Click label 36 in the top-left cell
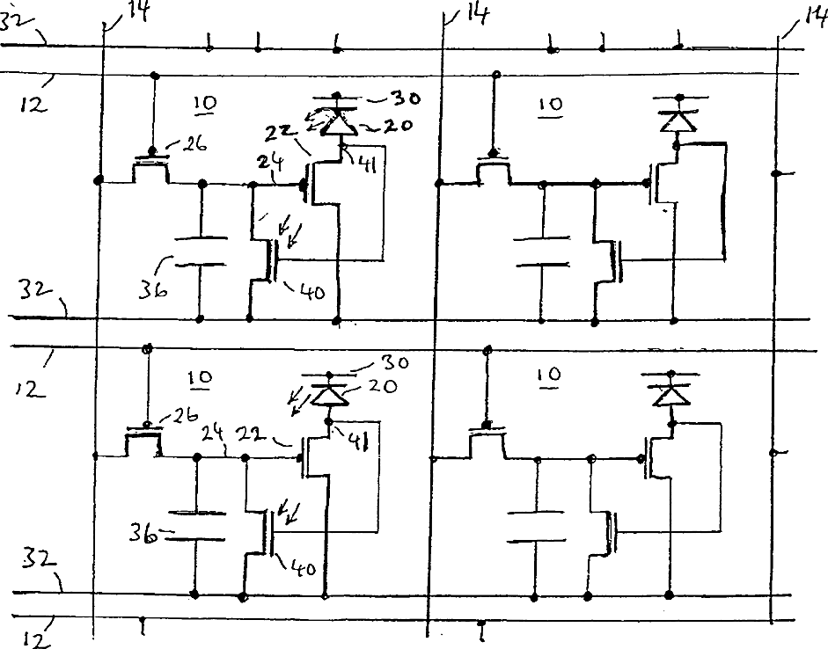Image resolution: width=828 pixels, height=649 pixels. [x=152, y=289]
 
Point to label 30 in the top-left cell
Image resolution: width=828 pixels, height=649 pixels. [x=405, y=98]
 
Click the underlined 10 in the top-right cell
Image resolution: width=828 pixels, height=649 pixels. [x=550, y=105]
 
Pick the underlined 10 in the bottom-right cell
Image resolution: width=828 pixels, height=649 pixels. [x=549, y=376]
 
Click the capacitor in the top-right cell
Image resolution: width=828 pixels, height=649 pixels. [x=542, y=252]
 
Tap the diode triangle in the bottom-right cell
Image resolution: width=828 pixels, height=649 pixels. [x=671, y=395]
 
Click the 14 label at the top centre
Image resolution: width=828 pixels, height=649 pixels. [x=478, y=14]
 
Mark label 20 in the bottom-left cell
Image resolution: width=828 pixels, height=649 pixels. [x=383, y=386]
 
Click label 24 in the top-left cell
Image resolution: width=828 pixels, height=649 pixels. [x=271, y=163]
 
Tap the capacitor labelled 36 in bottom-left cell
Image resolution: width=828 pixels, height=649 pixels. [x=196, y=526]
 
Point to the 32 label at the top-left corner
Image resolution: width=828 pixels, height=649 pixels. [x=16, y=22]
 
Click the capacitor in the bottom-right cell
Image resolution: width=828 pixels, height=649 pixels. [x=536, y=526]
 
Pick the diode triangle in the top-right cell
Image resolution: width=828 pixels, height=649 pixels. [x=678, y=122]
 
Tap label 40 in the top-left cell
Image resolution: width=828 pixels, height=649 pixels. [x=311, y=291]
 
